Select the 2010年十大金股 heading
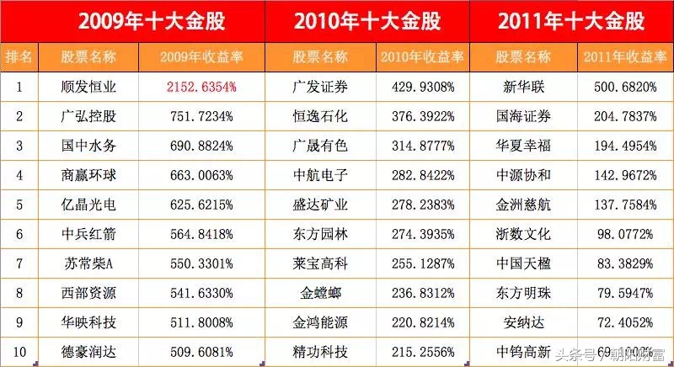pyautogui.click(x=366, y=21)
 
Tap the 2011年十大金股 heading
pyautogui.click(x=572, y=21)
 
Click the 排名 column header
pyautogui.click(x=19, y=57)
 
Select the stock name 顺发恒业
pyautogui.click(x=88, y=86)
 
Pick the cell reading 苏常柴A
pyautogui.click(x=88, y=261)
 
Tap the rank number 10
pyautogui.click(x=19, y=348)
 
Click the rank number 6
pyautogui.click(x=19, y=231)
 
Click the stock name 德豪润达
pyautogui.click(x=88, y=348)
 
